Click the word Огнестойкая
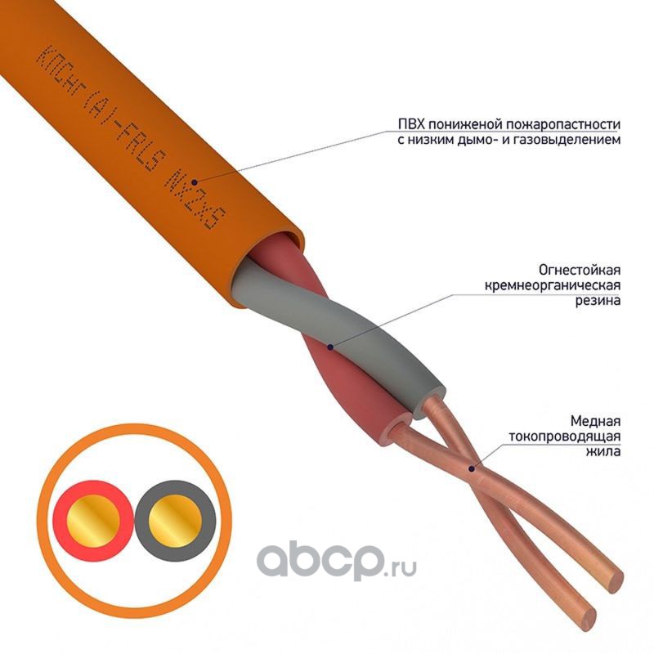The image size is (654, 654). (579, 269)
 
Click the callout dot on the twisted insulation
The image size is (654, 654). (329, 347)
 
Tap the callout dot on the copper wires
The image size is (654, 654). (470, 468)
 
